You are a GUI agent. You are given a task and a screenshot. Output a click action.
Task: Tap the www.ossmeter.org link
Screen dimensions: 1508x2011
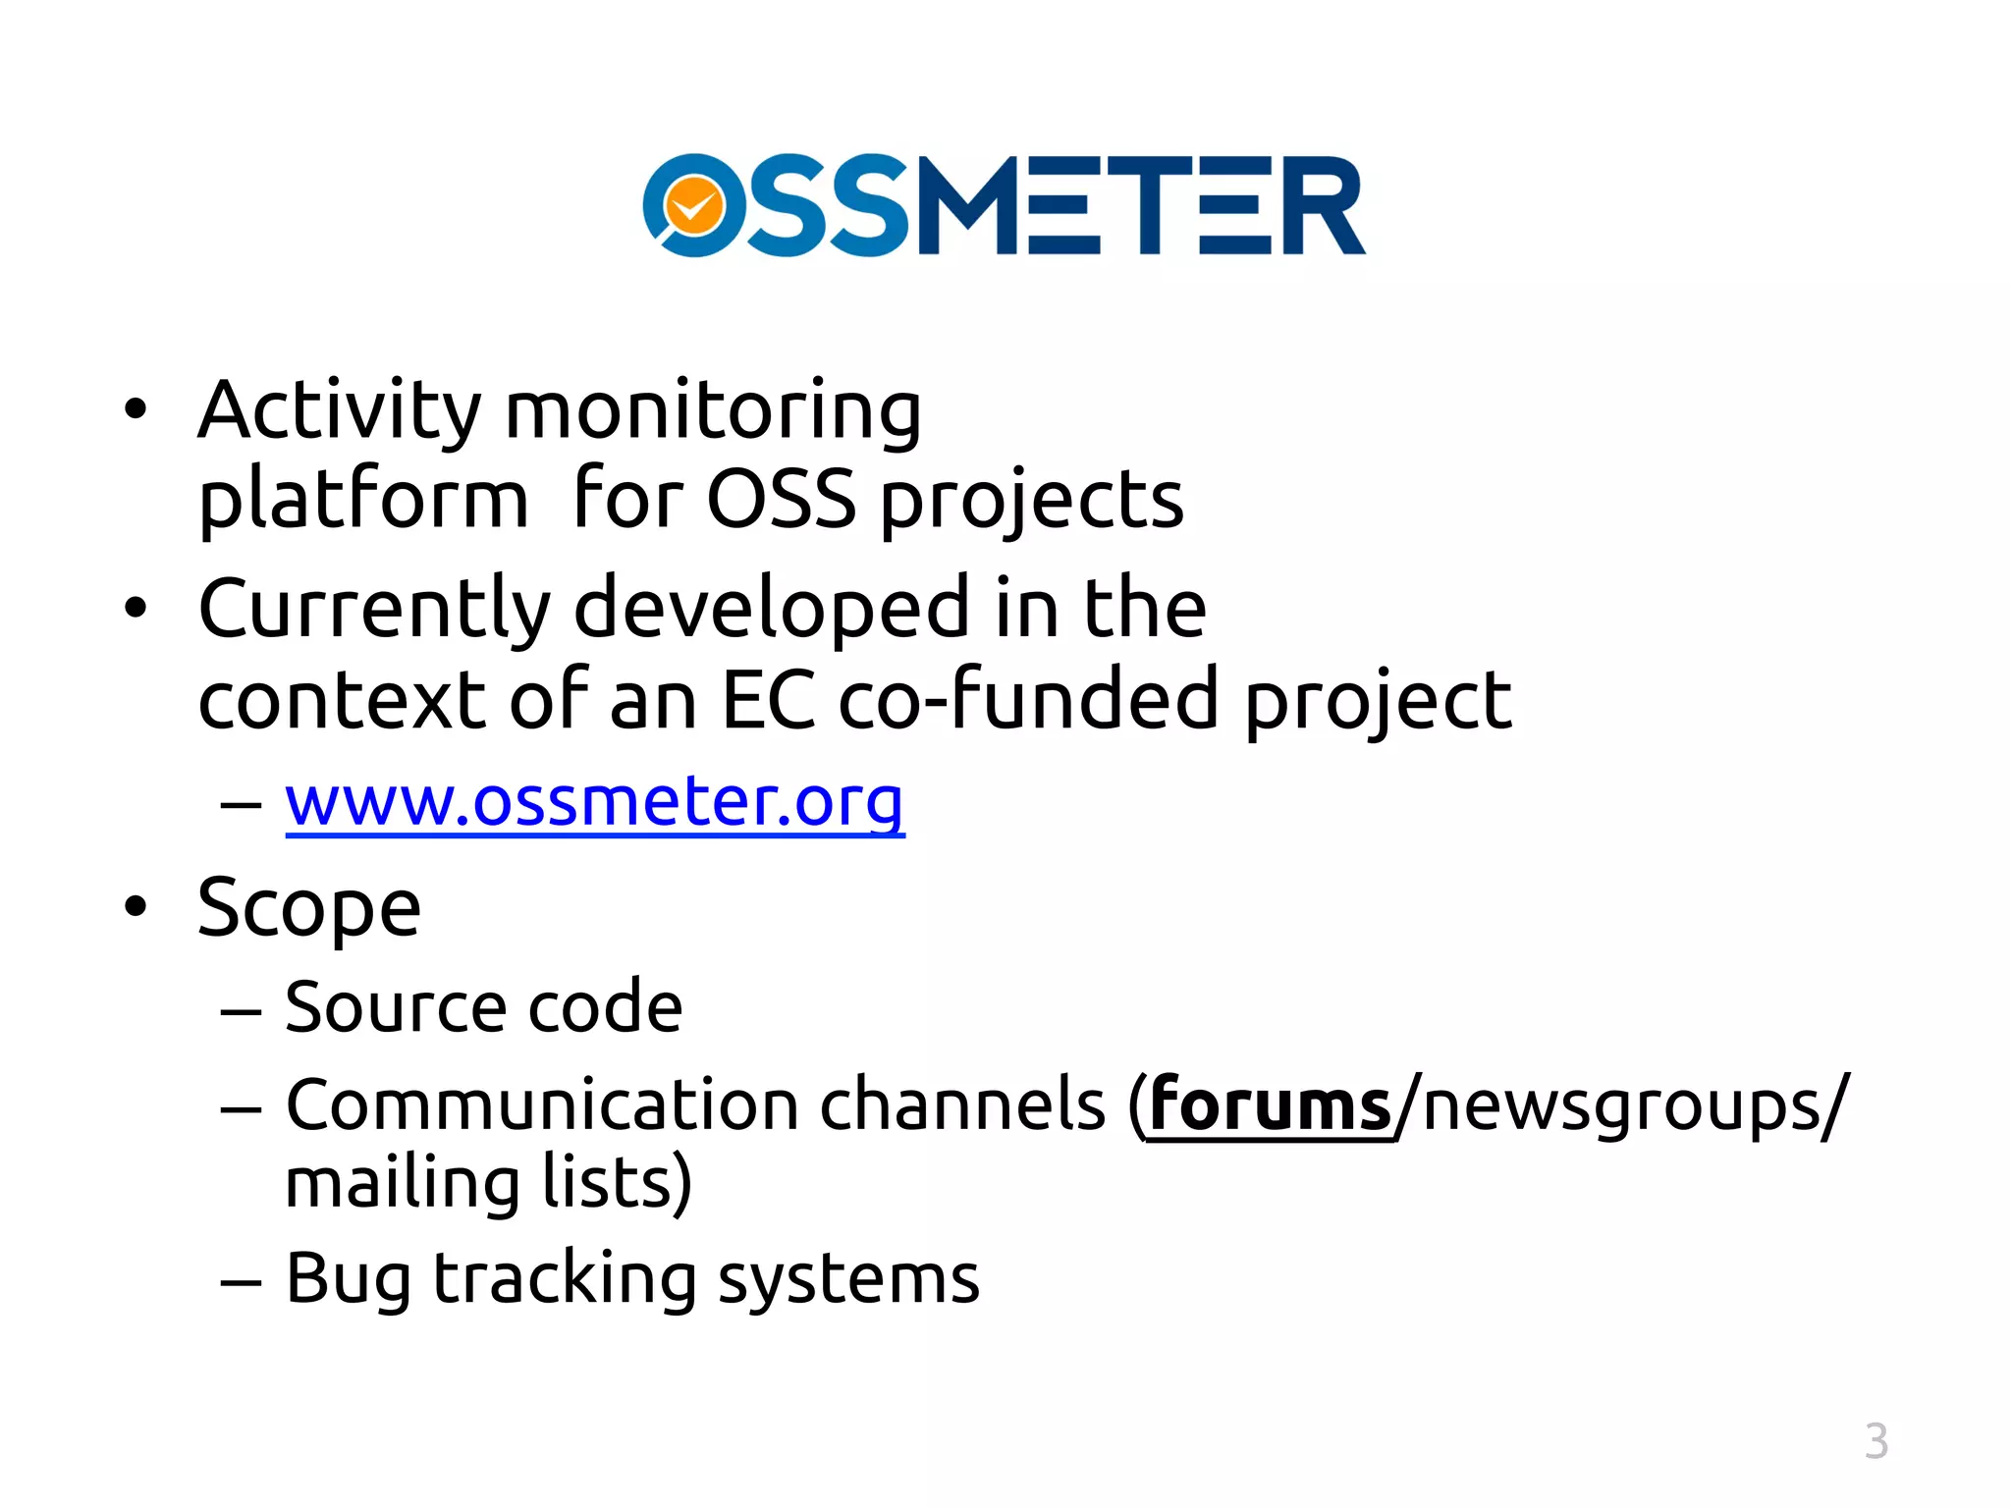tap(594, 802)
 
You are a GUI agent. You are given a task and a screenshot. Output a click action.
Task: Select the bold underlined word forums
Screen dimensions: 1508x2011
tap(1270, 1105)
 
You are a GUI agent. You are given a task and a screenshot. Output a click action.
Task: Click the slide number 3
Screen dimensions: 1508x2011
tap(1875, 1441)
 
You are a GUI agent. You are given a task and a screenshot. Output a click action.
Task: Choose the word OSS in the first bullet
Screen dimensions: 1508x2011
tap(781, 501)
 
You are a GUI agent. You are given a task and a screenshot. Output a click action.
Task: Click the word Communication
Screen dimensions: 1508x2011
tap(542, 1106)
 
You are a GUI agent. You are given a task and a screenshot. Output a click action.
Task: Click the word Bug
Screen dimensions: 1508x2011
tap(348, 1280)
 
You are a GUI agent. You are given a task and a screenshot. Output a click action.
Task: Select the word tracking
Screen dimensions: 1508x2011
tap(565, 1280)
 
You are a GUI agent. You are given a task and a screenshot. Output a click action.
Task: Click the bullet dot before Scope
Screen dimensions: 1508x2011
tap(136, 907)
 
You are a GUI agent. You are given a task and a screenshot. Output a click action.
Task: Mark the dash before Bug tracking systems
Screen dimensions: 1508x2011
tap(241, 1282)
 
